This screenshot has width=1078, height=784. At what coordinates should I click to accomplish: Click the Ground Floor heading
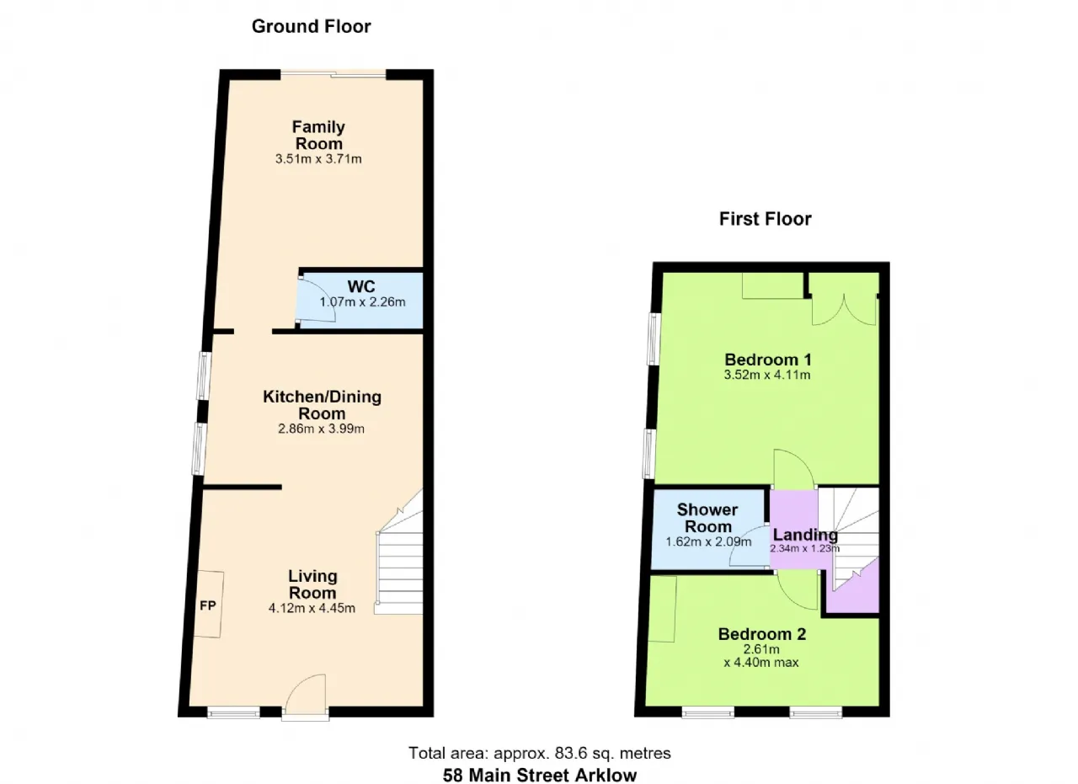tap(311, 26)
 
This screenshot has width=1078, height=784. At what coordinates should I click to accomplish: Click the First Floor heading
tap(766, 219)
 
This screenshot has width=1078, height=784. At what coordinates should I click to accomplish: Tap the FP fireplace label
tap(208, 605)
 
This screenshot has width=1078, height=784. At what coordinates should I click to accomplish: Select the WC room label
tap(361, 286)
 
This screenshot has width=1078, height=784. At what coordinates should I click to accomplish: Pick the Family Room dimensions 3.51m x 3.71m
tap(318, 159)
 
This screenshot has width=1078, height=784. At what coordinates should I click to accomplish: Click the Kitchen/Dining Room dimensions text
tap(321, 429)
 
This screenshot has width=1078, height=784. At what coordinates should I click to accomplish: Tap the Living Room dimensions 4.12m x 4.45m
tap(312, 608)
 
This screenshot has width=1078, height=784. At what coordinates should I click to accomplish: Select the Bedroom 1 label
tap(768, 360)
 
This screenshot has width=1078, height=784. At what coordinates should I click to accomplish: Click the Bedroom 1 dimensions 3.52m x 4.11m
tap(767, 375)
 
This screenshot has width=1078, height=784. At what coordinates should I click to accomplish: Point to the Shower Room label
tap(707, 518)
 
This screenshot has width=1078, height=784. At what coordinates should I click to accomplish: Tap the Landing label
tap(805, 535)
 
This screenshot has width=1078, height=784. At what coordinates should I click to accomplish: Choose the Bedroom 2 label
tap(762, 634)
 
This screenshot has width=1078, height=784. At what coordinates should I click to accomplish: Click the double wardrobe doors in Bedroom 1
tap(844, 311)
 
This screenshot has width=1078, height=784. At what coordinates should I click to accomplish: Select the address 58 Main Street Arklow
tap(540, 776)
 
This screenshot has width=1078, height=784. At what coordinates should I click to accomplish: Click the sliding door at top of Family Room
tap(334, 75)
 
